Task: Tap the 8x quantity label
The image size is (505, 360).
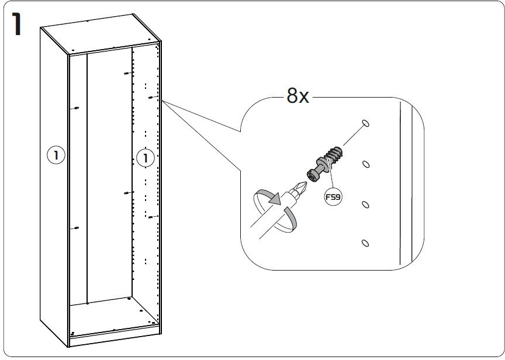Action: (x=298, y=96)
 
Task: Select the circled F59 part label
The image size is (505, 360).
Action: (x=333, y=197)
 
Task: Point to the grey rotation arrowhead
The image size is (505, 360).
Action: (x=273, y=200)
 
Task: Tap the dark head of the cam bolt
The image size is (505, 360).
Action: (x=312, y=174)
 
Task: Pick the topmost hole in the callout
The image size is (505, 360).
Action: (x=365, y=123)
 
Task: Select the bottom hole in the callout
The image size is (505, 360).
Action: (x=365, y=243)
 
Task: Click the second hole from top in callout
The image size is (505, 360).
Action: (x=365, y=164)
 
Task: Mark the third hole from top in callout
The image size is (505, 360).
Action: (x=365, y=204)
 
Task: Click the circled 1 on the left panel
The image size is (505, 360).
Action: (x=56, y=155)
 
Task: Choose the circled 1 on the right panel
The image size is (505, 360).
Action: (x=144, y=157)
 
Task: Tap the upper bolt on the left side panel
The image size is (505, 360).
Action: (x=75, y=108)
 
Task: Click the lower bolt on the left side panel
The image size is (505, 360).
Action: (x=75, y=229)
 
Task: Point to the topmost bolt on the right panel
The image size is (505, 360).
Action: (x=126, y=73)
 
